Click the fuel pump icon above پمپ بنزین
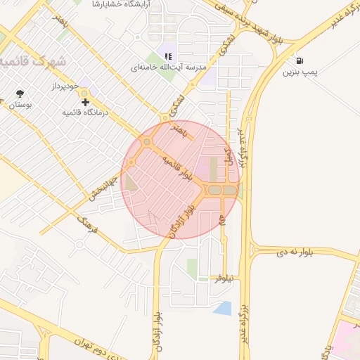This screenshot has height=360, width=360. (x=300, y=61)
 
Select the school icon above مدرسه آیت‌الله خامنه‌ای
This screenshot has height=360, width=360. (x=168, y=56)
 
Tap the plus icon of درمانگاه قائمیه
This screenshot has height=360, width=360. (x=86, y=103)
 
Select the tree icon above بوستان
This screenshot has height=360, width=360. (x=20, y=94)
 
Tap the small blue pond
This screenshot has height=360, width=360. (x=222, y=307)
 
